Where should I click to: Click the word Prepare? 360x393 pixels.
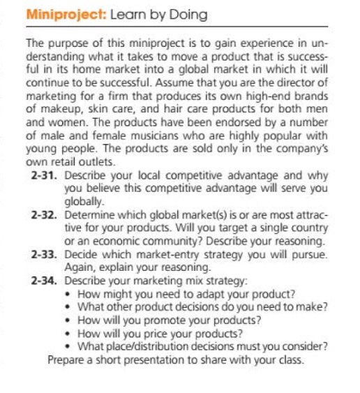pos(67,360)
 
